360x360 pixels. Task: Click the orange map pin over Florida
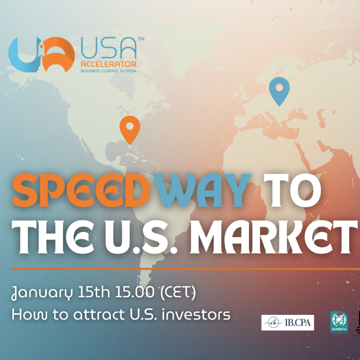click(x=130, y=129)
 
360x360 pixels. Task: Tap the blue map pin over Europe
click(x=279, y=90)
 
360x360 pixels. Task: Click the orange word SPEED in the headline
click(x=81, y=190)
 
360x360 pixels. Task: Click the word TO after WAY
click(x=292, y=190)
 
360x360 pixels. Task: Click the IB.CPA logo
click(x=287, y=322)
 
